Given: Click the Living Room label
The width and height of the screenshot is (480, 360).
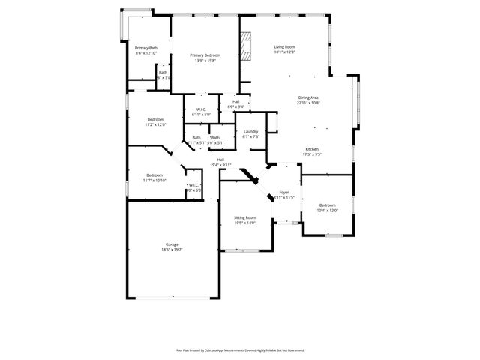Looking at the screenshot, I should (x=284, y=47).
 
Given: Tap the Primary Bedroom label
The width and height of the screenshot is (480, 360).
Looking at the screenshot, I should (x=205, y=55).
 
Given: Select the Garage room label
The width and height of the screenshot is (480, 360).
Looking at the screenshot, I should (x=172, y=244).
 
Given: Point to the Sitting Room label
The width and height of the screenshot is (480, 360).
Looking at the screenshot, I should (x=244, y=217).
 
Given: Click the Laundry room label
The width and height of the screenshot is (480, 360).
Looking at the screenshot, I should (x=250, y=132).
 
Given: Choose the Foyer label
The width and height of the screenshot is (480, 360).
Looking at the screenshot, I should (x=284, y=193).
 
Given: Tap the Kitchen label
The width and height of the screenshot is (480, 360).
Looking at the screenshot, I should (x=312, y=150).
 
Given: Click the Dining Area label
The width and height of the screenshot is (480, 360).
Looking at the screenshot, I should (x=308, y=97).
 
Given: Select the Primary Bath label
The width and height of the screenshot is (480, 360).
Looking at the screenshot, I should (x=146, y=48).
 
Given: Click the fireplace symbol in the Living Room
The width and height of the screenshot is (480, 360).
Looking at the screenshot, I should (x=246, y=45).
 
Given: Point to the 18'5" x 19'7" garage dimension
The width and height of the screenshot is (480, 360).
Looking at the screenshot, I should (x=172, y=250).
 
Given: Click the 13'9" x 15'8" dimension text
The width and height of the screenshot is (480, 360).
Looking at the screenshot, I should (x=205, y=61).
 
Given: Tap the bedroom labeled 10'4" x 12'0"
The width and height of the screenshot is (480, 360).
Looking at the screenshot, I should (x=328, y=208).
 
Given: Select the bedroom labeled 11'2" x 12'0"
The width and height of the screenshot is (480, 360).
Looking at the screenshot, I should (x=155, y=122).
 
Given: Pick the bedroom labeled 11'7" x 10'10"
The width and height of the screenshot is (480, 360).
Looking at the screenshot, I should (x=155, y=178).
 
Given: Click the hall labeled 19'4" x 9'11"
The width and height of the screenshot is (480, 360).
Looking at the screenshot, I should (x=221, y=162).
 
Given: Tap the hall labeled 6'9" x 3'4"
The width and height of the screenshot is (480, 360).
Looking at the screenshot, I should (x=235, y=104).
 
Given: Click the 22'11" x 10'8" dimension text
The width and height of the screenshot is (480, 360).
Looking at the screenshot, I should (x=308, y=103).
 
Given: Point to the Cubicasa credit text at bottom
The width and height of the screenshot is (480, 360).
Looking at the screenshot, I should (x=240, y=349).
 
